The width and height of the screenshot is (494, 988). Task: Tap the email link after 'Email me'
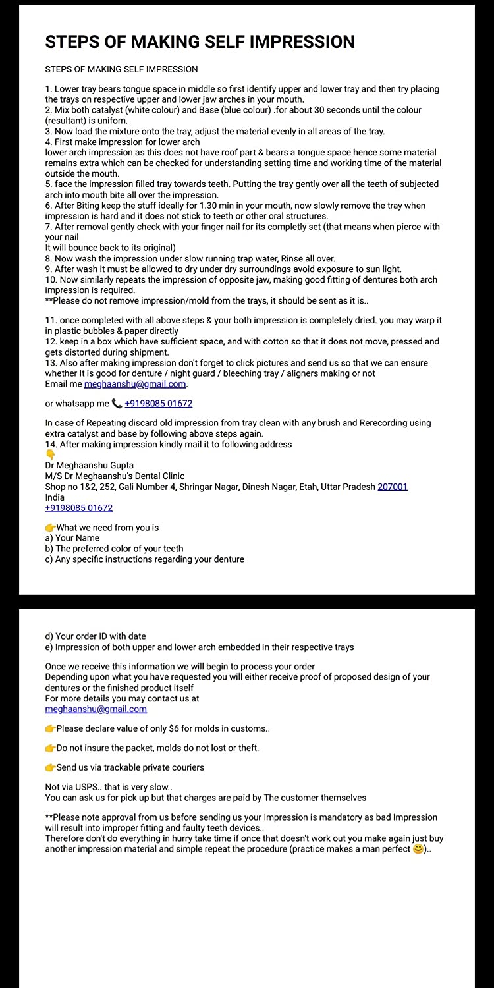[135, 384]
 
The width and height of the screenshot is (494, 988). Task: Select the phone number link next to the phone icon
[158, 404]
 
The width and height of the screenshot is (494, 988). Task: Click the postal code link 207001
[393, 487]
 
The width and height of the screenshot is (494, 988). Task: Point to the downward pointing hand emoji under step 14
[50, 454]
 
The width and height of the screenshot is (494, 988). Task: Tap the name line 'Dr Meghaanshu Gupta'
[89, 465]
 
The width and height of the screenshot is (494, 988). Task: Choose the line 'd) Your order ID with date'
[95, 636]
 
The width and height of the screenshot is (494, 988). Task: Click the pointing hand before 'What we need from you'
[50, 528]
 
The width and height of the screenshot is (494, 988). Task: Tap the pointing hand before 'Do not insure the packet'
[50, 748]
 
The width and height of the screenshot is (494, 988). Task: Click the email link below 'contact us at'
[96, 709]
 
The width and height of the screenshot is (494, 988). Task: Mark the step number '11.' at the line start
[51, 321]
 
